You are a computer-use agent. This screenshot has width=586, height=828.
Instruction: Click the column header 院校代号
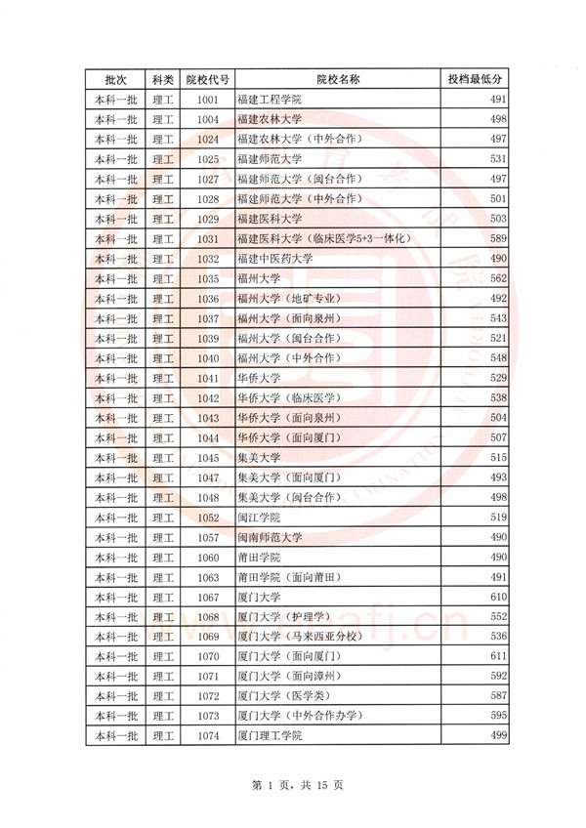coord(206,79)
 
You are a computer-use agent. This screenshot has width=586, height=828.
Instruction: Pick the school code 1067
coord(206,597)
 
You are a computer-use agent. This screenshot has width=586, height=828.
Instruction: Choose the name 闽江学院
coord(258,517)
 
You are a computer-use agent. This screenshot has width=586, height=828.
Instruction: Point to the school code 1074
coord(206,735)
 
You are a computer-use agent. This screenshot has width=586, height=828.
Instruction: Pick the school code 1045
coord(206,457)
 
